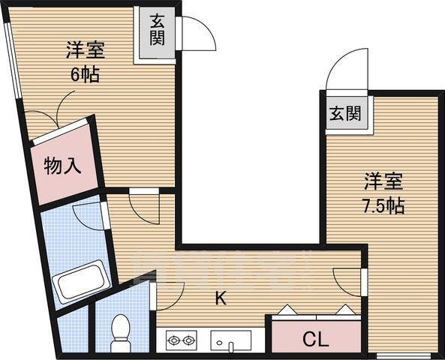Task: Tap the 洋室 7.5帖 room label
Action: point(384,193)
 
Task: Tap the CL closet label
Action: point(315,339)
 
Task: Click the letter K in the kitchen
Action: point(221,298)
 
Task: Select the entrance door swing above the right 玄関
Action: point(347,73)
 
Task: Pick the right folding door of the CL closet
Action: point(344,310)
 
